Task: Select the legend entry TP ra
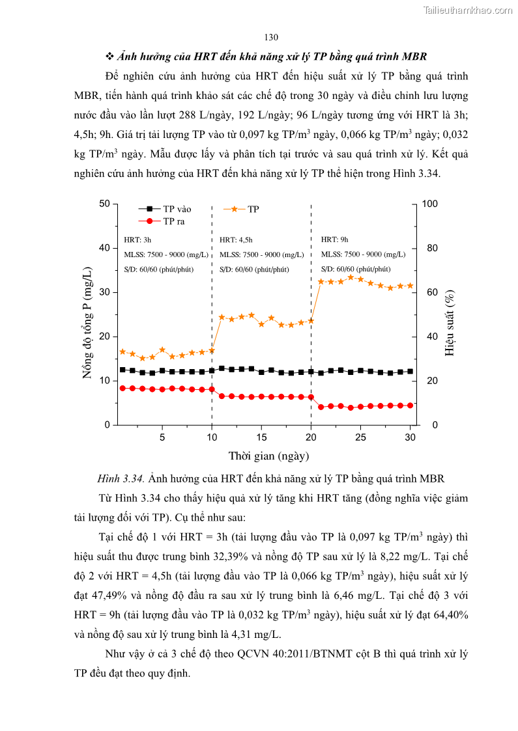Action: pos(173,221)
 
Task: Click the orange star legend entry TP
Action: pos(253,209)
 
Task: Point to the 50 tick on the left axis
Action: pos(104,204)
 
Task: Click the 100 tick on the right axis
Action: pos(430,204)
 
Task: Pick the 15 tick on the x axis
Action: pos(261,437)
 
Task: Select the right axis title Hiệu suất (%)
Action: pos(450,314)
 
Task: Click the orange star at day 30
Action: pos(410,285)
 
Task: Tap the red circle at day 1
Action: pos(122,388)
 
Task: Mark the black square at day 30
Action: pos(410,371)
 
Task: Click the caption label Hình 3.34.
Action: pos(121,478)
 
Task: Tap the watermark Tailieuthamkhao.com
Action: pos(468,10)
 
